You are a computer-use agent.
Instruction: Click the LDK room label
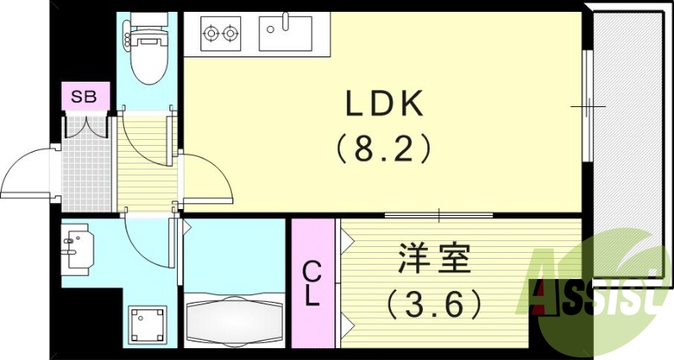(x=384, y=105)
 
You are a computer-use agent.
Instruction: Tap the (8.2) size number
(x=384, y=149)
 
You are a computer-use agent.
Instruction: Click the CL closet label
(x=312, y=283)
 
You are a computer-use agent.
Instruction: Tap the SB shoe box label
(x=83, y=96)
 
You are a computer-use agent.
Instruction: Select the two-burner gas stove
(x=220, y=35)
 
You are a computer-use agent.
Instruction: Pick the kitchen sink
(x=286, y=35)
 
